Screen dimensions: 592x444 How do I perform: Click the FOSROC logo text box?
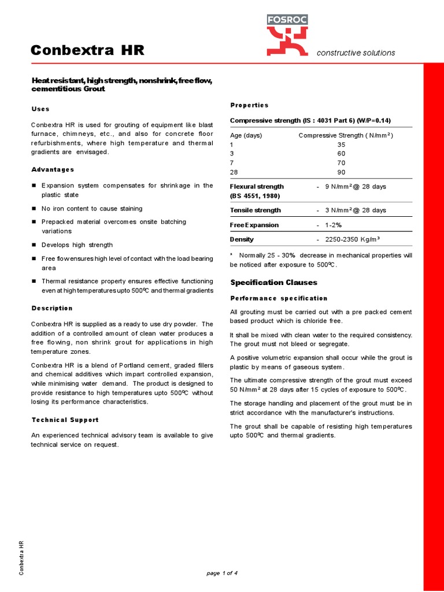click(x=287, y=20)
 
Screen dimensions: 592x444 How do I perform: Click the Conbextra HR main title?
click(x=87, y=51)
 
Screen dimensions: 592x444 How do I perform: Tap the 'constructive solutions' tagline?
click(x=356, y=53)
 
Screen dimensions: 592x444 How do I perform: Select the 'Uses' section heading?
click(x=40, y=109)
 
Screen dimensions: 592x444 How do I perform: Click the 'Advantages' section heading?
click(x=53, y=169)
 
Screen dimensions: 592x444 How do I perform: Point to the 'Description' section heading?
click(x=52, y=308)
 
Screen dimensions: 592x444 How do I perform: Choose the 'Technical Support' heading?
click(x=65, y=420)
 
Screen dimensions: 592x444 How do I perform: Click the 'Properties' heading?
click(x=249, y=105)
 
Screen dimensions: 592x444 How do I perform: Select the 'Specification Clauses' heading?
click(x=273, y=282)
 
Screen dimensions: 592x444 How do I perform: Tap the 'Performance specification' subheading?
click(x=279, y=298)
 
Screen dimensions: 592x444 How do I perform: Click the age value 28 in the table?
click(x=234, y=172)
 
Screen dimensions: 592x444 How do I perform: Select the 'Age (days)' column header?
click(x=246, y=135)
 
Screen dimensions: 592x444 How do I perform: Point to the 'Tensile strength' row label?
click(x=256, y=210)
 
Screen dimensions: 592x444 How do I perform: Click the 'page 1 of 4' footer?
click(x=222, y=573)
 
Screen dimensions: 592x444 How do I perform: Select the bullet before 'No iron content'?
click(x=34, y=209)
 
